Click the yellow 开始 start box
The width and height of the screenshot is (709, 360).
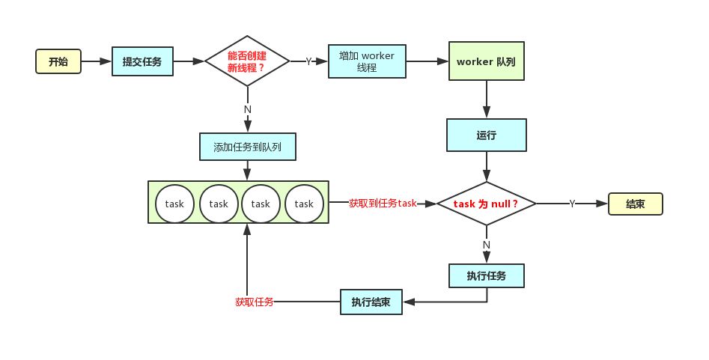pos(58,62)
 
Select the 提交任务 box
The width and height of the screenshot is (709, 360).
pos(142,62)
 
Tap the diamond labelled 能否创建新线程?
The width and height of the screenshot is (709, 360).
pos(247,62)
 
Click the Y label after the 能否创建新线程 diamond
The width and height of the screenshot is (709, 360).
pos(308,62)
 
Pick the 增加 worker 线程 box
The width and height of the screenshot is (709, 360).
pos(366,62)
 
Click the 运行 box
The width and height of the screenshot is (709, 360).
pos(486,135)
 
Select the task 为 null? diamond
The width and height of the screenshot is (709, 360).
pos(486,203)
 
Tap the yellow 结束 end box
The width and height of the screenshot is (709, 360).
pos(635,204)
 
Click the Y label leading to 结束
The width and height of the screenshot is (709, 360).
pos(572,204)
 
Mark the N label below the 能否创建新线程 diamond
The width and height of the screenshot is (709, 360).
pos(247,109)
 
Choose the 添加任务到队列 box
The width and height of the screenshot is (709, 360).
pos(248,147)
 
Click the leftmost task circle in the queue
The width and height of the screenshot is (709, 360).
pos(175,204)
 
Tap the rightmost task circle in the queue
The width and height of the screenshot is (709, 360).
pos(304,204)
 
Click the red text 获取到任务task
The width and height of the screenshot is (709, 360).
pos(382,203)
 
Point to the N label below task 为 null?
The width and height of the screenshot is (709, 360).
pos(487,245)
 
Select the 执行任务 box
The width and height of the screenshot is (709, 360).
pos(486,275)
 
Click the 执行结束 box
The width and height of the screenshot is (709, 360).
pos(371,302)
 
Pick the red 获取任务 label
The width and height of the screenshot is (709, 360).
pos(254,302)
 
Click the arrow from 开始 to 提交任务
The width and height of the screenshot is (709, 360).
pos(95,62)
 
